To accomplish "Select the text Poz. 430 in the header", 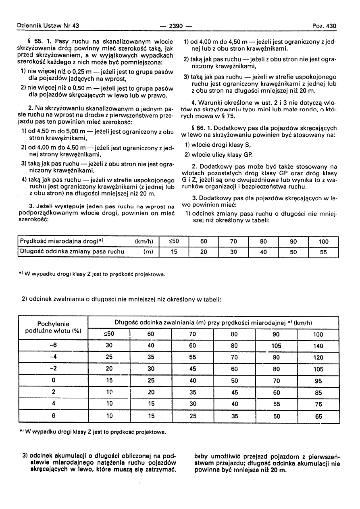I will [x=324, y=26].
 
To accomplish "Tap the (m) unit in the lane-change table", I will [x=148, y=252].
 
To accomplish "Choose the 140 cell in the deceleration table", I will [x=318, y=345].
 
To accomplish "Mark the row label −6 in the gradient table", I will [x=53, y=345].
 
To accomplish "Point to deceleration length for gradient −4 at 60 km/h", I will [x=151, y=357].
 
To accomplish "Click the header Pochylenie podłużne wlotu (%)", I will [x=53, y=327].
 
